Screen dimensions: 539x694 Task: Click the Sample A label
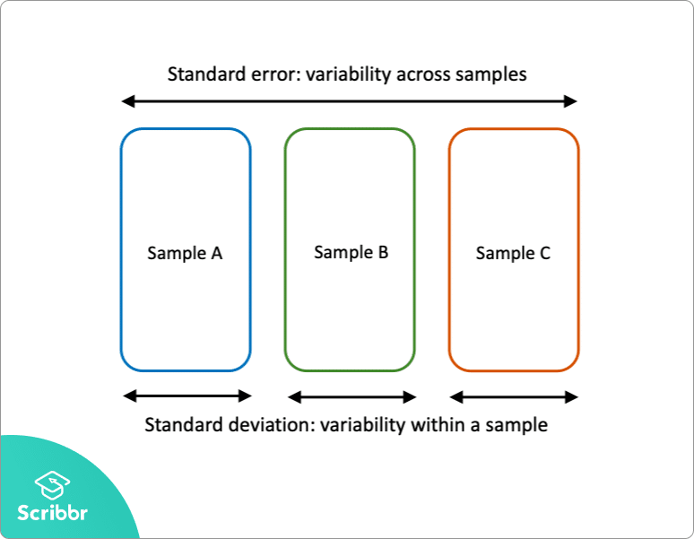tap(185, 253)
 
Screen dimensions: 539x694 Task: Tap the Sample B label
tap(351, 252)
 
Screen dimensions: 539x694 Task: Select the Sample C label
tap(513, 253)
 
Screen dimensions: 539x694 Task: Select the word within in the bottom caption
tap(438, 425)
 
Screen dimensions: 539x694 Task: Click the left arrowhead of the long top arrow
tap(126, 101)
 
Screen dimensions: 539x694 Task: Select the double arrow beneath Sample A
tap(187, 396)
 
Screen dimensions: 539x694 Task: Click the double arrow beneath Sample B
tap(351, 396)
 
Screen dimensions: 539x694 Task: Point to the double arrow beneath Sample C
tap(514, 396)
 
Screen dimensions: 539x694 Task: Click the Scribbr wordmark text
tap(54, 513)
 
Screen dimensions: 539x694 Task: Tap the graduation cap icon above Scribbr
tap(53, 485)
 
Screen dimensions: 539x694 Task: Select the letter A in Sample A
tap(216, 253)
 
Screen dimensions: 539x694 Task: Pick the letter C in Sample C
tap(544, 253)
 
